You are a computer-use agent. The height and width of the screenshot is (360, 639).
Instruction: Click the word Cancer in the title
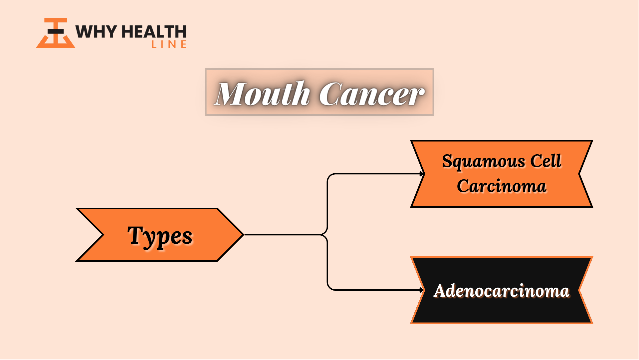pos(372,94)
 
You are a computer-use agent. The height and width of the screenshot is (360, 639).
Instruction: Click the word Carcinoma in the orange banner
pos(502,186)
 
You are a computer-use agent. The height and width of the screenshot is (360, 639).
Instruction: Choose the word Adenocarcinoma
pos(502,290)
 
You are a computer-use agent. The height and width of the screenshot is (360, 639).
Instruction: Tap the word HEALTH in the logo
pos(154,32)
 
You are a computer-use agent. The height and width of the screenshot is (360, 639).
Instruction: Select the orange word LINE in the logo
pos(169,44)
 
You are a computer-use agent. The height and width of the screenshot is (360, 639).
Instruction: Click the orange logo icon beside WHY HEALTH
pos(56,33)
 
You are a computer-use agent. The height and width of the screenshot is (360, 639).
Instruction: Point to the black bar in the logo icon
pos(56,32)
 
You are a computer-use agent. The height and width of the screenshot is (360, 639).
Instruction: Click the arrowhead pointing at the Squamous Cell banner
pos(422,174)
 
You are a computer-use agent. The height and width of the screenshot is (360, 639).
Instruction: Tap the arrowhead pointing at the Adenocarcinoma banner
pos(422,290)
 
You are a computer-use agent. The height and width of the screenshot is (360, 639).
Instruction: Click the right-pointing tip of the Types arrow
pos(244,235)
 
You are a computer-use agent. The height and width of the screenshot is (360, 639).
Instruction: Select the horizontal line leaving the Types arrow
pos(283,235)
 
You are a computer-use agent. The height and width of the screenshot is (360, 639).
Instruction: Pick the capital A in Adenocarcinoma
pos(442,291)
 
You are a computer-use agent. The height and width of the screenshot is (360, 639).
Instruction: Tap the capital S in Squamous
pos(447,161)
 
